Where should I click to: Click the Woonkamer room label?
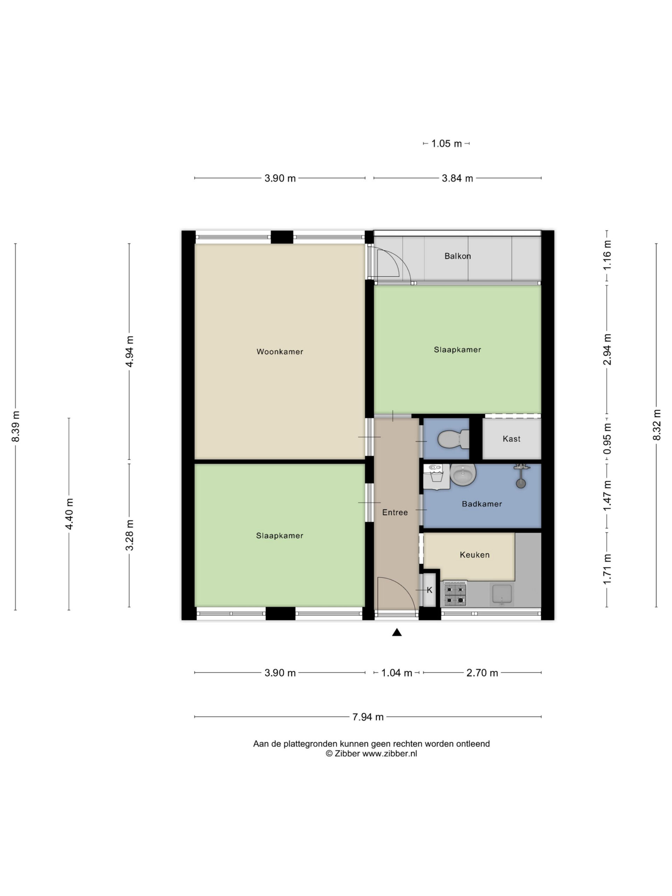pyautogui.click(x=280, y=352)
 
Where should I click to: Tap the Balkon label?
pyautogui.click(x=458, y=256)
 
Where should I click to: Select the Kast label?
pyautogui.click(x=511, y=439)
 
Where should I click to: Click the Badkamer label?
pyautogui.click(x=482, y=504)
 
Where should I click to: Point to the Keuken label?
pyautogui.click(x=474, y=555)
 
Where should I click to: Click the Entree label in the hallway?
pyautogui.click(x=395, y=512)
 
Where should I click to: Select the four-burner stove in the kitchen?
pyautogui.click(x=455, y=594)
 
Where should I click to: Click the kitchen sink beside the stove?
pyautogui.click(x=502, y=594)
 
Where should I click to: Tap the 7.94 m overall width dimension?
pyautogui.click(x=368, y=716)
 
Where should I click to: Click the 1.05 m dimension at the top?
pyautogui.click(x=446, y=143)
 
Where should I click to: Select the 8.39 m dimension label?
pyautogui.click(x=15, y=427)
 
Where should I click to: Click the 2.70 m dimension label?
pyautogui.click(x=482, y=673)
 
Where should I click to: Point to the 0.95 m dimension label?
pyautogui.click(x=607, y=439)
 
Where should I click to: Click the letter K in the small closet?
pyautogui.click(x=429, y=590)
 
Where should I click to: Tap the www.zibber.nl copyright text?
pyautogui.click(x=371, y=754)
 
